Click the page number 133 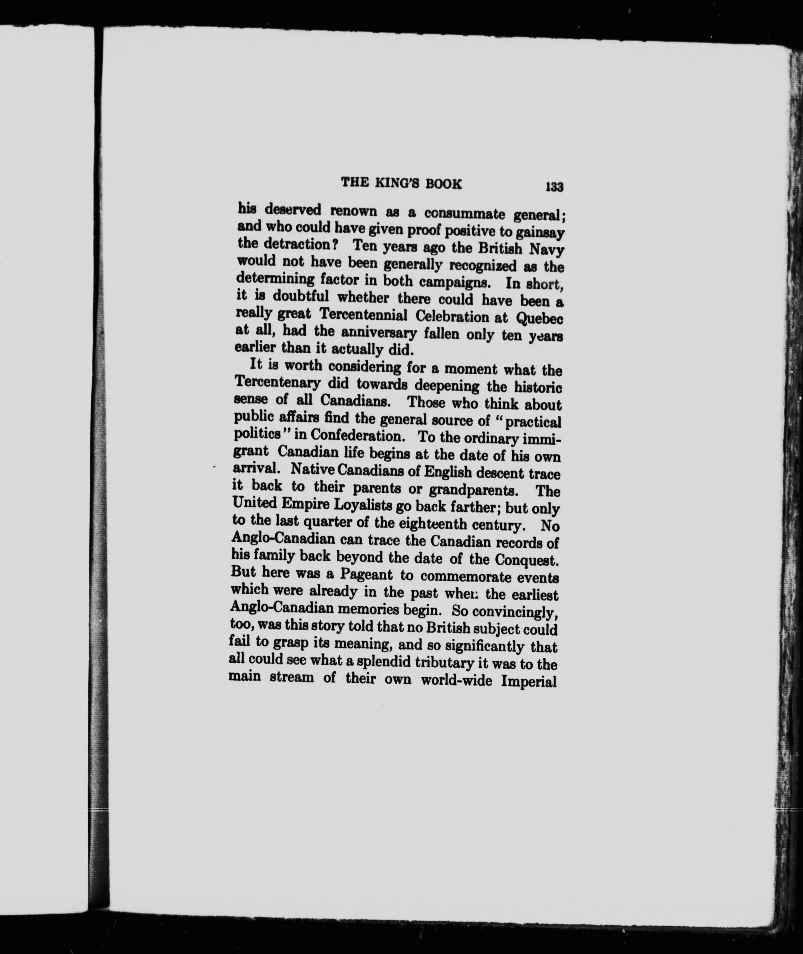pos(554,187)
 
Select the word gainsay pos(539,233)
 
